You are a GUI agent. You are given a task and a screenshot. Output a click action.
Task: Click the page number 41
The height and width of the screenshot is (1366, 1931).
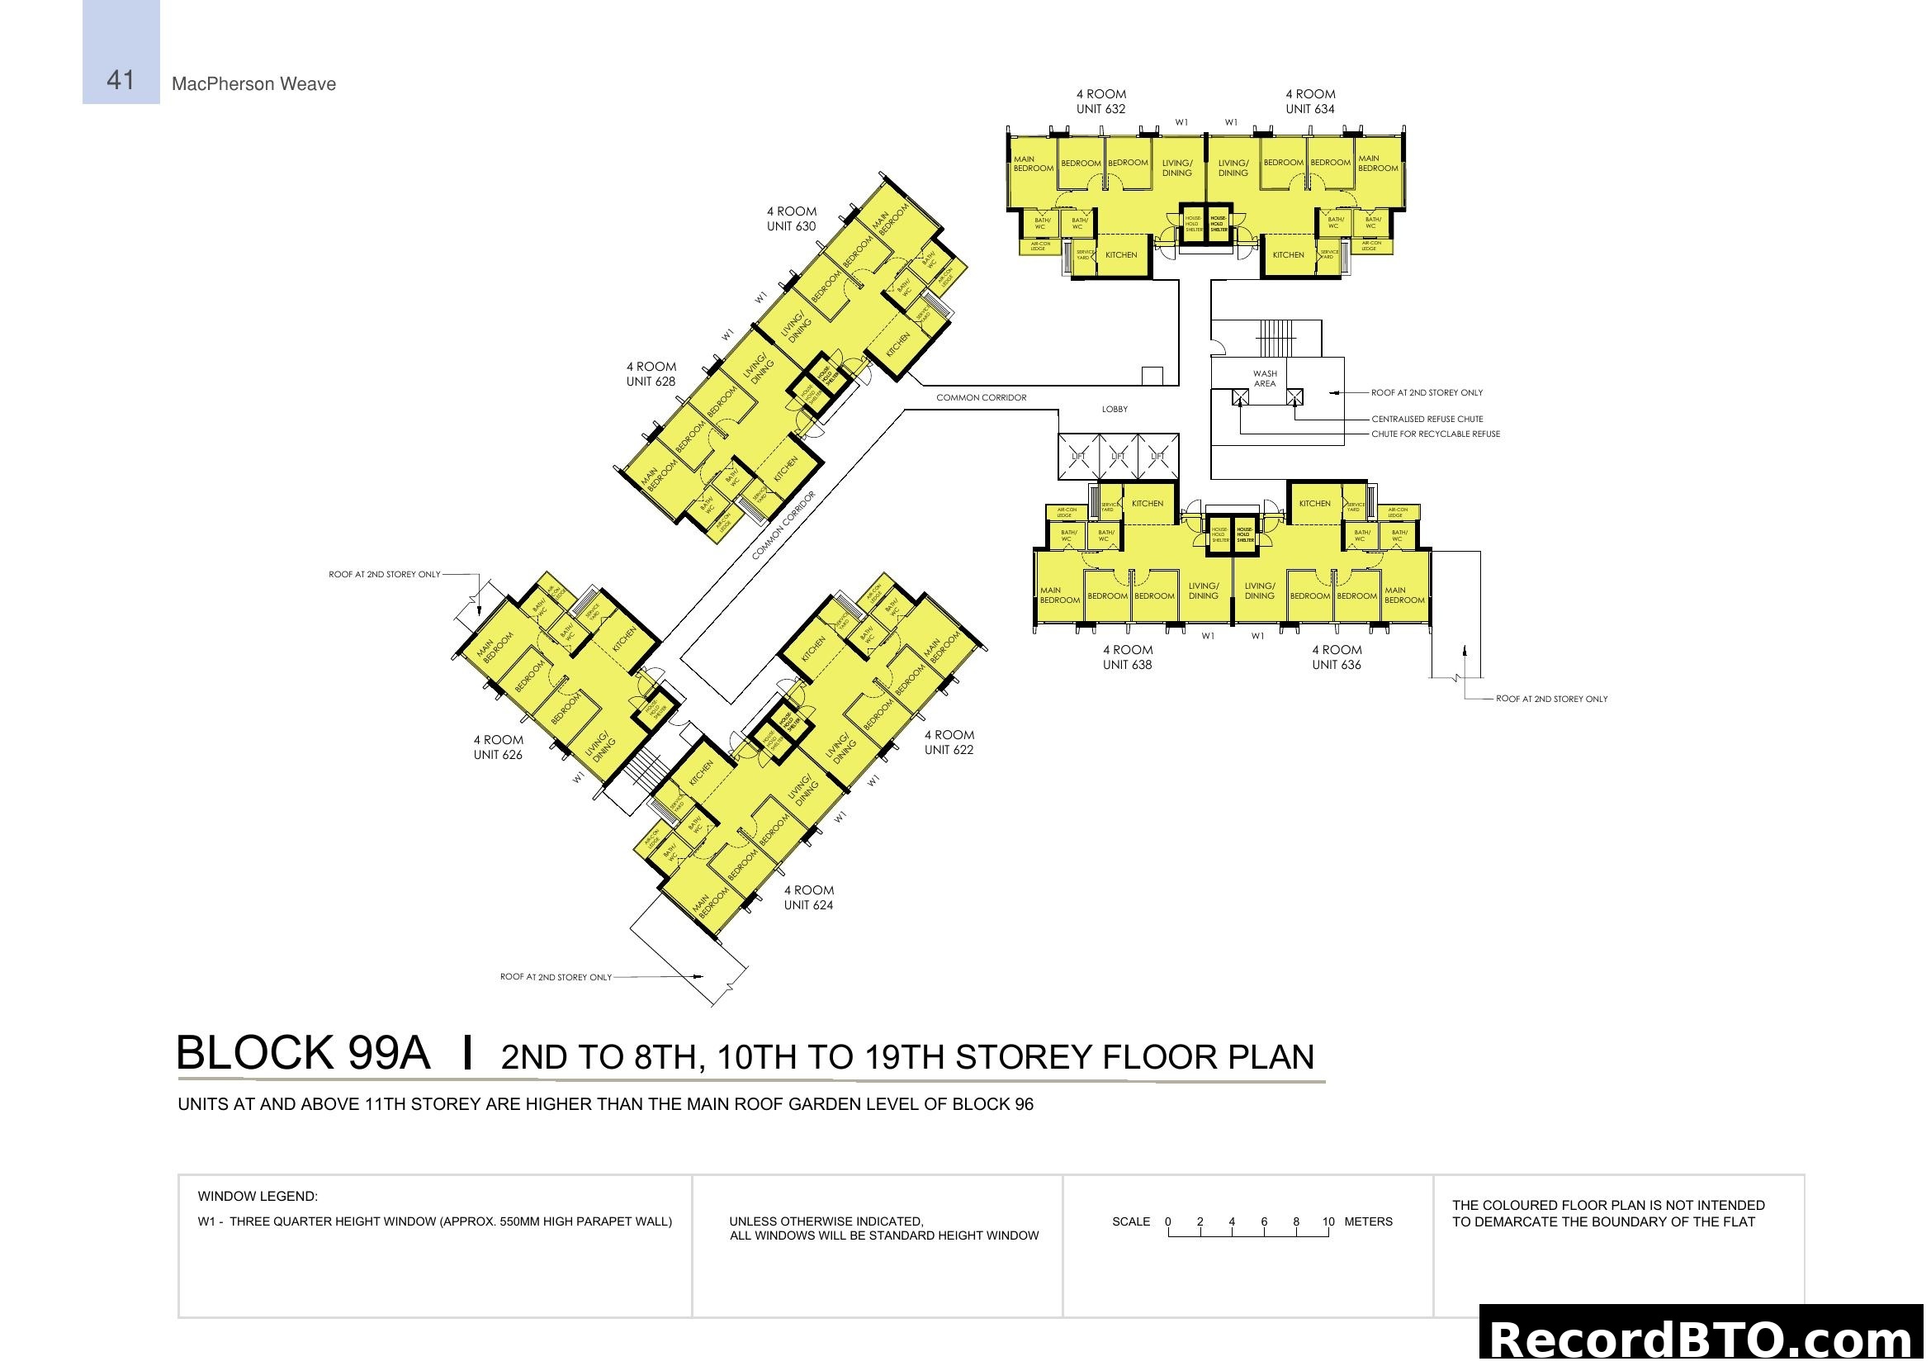click(x=121, y=80)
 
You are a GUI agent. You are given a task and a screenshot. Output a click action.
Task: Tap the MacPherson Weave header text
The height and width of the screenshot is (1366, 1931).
click(x=253, y=84)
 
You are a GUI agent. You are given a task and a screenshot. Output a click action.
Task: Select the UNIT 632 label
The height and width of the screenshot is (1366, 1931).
click(x=1100, y=108)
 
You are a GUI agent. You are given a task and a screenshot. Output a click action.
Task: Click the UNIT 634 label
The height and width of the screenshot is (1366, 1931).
click(x=1309, y=108)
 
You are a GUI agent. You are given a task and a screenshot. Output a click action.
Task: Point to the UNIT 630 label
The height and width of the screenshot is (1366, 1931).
click(x=791, y=225)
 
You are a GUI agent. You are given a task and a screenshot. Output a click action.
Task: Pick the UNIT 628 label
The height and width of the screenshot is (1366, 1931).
click(x=650, y=381)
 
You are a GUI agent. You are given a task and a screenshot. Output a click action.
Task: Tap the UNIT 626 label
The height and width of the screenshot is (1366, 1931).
click(x=497, y=755)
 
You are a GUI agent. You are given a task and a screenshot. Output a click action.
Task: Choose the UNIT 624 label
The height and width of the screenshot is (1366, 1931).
click(x=808, y=905)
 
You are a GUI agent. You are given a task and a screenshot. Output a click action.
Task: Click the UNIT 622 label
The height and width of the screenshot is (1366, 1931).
click(x=949, y=749)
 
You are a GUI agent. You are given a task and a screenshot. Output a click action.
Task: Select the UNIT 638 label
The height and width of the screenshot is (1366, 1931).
click(x=1127, y=665)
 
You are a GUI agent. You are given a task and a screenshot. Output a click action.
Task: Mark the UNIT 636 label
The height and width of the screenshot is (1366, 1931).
click(x=1337, y=665)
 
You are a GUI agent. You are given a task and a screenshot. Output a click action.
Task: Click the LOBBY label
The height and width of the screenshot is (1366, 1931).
click(x=1115, y=410)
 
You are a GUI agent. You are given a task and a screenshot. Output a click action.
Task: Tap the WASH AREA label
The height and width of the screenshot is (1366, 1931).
click(x=1264, y=378)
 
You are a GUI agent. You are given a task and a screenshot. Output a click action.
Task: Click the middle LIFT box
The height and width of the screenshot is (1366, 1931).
click(x=1118, y=457)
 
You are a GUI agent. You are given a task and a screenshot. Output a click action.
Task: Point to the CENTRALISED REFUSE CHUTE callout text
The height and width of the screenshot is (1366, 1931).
click(x=1427, y=419)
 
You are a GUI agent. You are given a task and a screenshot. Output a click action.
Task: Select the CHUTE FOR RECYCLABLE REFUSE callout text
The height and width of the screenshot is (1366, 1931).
click(x=1435, y=434)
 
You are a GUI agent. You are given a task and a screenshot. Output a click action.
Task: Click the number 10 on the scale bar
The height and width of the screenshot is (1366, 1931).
click(x=1328, y=1221)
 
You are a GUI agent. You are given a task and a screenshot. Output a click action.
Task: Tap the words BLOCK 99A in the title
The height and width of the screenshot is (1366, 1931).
click(x=303, y=1053)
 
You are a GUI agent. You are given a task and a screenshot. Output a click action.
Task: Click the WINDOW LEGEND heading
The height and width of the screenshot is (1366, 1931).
click(x=258, y=1196)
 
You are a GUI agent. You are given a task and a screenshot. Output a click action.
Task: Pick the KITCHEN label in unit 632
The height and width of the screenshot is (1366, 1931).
click(x=1120, y=255)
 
